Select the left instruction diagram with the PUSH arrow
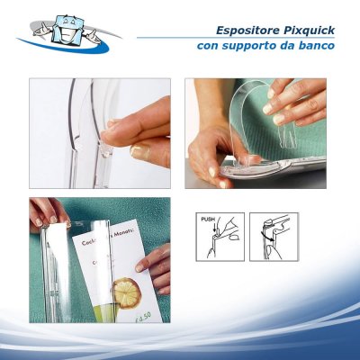[218, 237]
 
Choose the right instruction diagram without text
[273, 237]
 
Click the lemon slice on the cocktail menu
[126, 292]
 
